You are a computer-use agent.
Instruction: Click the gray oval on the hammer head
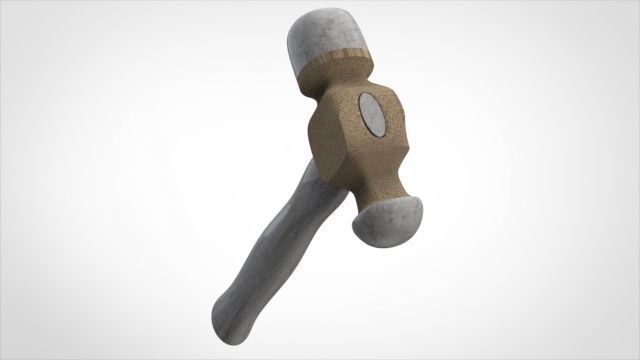point(371,113)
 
